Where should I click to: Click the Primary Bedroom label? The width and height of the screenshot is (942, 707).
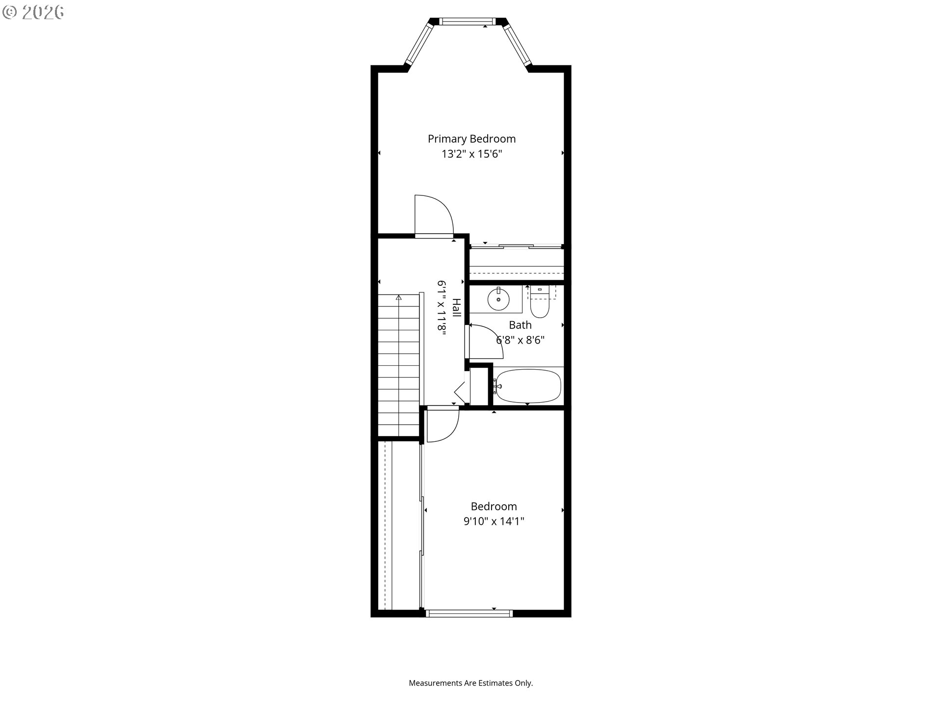(x=471, y=139)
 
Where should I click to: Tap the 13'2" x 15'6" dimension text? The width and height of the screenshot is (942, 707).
(x=471, y=154)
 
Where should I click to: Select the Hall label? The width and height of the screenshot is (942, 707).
(x=456, y=307)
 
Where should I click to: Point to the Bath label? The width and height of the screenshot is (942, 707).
(x=520, y=325)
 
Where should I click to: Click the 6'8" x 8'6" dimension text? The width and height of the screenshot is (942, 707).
(x=520, y=340)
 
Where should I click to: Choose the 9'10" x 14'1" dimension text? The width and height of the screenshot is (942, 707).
(x=494, y=521)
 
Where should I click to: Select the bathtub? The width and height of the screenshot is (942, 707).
(x=527, y=386)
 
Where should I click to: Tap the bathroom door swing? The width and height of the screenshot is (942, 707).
(x=487, y=341)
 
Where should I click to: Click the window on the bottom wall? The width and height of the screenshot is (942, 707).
(x=470, y=613)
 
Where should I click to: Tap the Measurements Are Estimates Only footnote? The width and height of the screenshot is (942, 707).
(x=471, y=683)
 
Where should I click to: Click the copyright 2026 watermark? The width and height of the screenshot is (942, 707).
(x=33, y=12)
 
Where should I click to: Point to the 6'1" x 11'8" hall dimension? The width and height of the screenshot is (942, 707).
(x=442, y=308)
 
